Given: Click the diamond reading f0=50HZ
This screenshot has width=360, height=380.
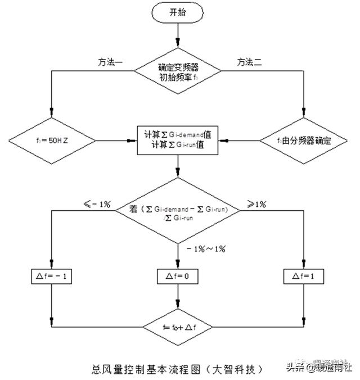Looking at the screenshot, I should coord(52,140).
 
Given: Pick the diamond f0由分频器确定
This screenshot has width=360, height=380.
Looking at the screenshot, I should coord(304,141).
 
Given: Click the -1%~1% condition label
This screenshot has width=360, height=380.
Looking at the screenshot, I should coord(202,248).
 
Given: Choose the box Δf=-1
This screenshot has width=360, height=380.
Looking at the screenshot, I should coord(51,276).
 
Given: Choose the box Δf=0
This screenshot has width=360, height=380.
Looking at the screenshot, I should coord(178,276).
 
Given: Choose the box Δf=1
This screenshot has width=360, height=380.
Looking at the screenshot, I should coord(304,276).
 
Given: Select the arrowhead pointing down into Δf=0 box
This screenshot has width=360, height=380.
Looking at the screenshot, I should coord(178,265).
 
